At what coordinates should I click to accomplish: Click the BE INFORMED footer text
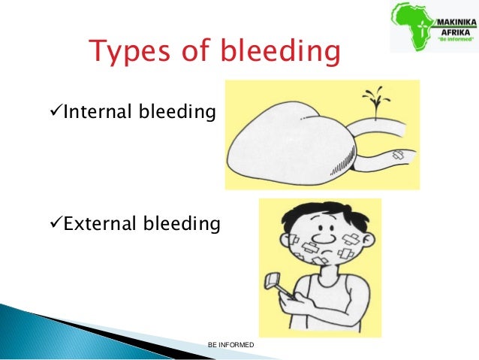point(231,345)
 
